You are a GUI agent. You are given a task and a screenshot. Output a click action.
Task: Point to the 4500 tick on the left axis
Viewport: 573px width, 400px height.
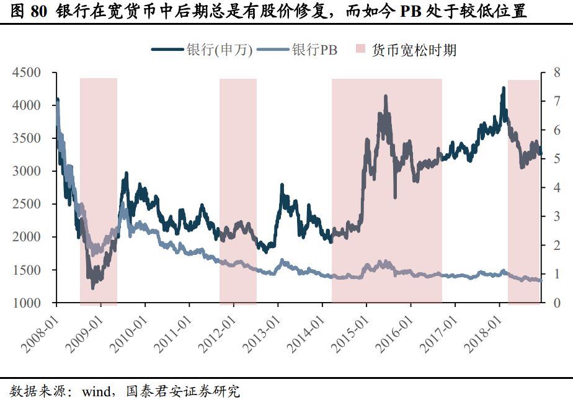29,73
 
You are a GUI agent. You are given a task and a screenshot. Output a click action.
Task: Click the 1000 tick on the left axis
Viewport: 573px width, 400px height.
29,303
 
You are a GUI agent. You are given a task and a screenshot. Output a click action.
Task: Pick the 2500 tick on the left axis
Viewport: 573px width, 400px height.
29,204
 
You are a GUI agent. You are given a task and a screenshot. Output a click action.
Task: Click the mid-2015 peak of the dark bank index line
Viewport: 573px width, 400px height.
386,97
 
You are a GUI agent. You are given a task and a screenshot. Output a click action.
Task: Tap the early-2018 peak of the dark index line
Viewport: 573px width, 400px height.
503,88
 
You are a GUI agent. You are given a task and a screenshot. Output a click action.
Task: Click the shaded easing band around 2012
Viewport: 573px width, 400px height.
238,186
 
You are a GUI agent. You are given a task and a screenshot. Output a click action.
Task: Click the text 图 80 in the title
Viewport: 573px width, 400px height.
31,12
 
